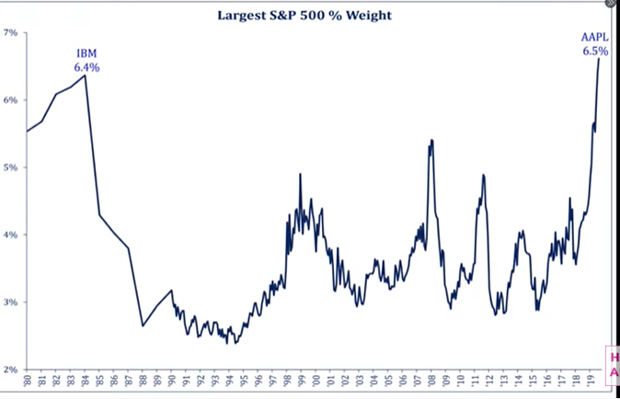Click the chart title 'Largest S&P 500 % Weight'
pyautogui.click(x=310, y=15)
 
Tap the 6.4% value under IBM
pyautogui.click(x=86, y=67)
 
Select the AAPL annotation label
pyautogui.click(x=593, y=38)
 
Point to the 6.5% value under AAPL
pyautogui.click(x=594, y=52)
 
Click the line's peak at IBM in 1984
pyautogui.click(x=86, y=76)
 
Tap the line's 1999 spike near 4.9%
pyautogui.click(x=300, y=174)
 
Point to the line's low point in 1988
pyautogui.click(x=143, y=325)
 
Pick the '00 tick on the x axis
pyautogui.click(x=316, y=380)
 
